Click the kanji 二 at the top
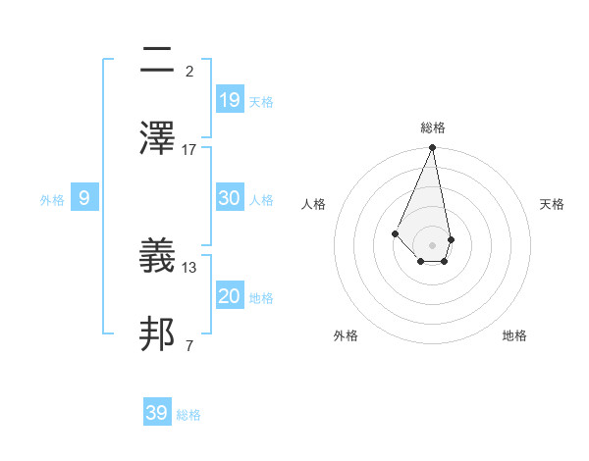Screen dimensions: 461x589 (157, 61)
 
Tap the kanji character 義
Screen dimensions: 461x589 (157, 257)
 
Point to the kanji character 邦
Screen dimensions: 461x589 (157, 334)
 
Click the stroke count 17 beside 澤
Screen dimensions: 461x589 (189, 150)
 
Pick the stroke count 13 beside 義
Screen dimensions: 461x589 (189, 267)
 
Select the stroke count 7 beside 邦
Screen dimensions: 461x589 (189, 344)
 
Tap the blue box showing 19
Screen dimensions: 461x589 (230, 99)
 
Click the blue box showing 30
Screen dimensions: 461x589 (230, 197)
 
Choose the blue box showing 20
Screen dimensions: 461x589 (230, 295)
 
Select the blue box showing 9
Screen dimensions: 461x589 (84, 198)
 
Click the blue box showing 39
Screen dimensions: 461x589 (157, 413)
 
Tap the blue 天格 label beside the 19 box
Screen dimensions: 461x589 (261, 101)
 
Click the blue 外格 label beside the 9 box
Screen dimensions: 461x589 (52, 200)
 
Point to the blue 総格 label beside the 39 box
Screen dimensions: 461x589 (188, 415)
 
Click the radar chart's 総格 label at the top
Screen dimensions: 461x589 (433, 128)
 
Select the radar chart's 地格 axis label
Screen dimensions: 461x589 (514, 335)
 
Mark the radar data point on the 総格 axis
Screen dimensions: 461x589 (433, 148)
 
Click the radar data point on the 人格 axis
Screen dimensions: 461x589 (395, 233)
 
